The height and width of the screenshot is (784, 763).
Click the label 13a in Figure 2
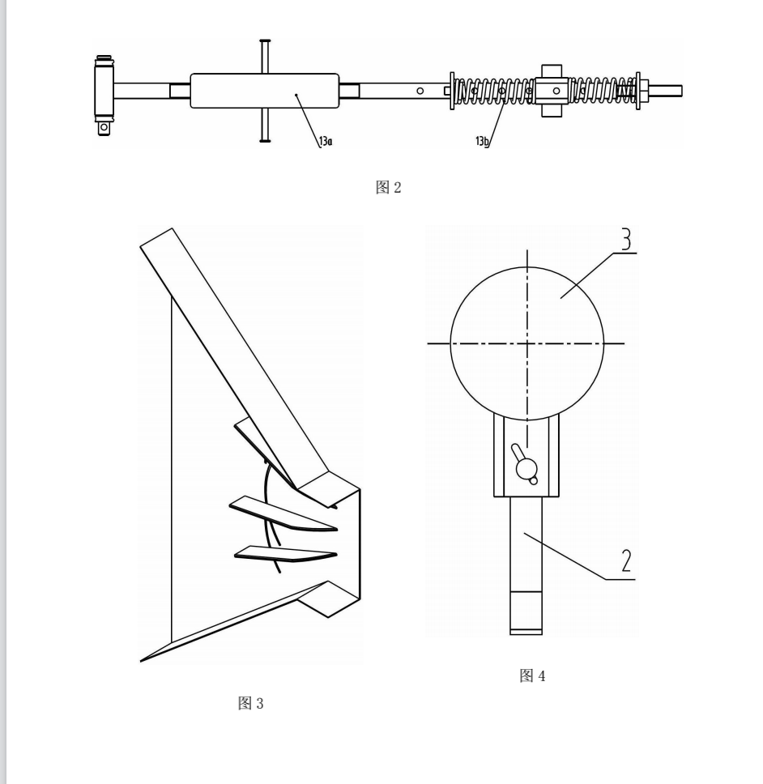[x=326, y=142]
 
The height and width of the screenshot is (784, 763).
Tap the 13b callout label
[x=481, y=141]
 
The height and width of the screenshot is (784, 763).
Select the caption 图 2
[x=389, y=188]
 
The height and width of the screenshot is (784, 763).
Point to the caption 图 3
[x=250, y=703]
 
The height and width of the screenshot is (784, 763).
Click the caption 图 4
[x=532, y=675]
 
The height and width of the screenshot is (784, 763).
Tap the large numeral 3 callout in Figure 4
[x=626, y=239]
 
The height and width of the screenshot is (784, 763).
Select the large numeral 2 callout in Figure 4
[x=626, y=560]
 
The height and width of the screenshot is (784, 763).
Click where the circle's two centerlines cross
[x=527, y=343]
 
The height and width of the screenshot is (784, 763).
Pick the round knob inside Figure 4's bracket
[x=526, y=468]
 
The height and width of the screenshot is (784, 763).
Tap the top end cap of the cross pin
[x=265, y=41]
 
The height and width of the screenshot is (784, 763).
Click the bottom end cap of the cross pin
[x=265, y=140]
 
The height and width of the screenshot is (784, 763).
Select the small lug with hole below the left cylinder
[x=104, y=127]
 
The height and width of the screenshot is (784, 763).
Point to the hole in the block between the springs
[x=556, y=91]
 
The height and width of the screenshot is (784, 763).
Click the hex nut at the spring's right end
[x=644, y=91]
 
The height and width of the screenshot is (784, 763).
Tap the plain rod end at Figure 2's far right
[x=666, y=91]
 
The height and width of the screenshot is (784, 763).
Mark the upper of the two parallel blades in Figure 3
[x=283, y=513]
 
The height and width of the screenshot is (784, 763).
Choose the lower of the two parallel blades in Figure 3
[x=285, y=553]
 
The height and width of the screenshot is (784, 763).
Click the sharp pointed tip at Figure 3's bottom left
[x=141, y=662]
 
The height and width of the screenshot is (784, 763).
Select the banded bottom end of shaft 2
[x=526, y=613]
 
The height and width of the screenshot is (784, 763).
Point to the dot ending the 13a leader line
[x=296, y=94]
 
